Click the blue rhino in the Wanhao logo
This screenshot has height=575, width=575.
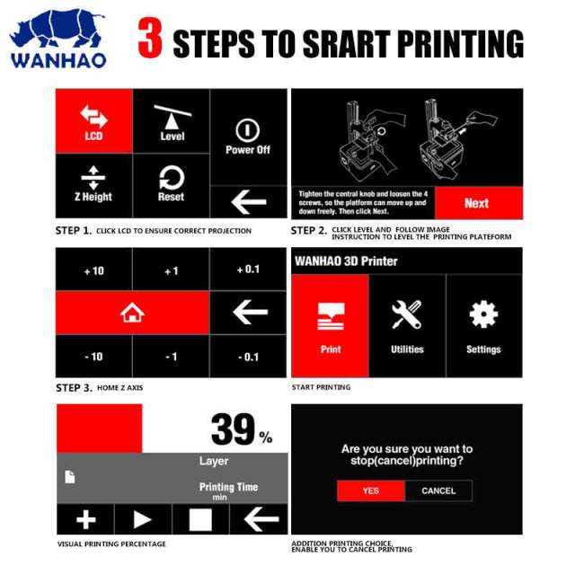pos(57,30)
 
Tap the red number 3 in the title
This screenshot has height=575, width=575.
pos(150,38)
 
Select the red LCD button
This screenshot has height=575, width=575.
pos(94,121)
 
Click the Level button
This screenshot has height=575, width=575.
pos(172,121)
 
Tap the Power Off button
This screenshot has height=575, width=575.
pos(249,137)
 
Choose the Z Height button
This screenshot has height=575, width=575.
pos(93,186)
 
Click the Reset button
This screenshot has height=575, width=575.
pos(172,186)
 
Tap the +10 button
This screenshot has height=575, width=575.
pos(93,270)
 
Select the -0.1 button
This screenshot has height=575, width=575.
pos(248,356)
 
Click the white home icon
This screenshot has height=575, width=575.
pos(132,313)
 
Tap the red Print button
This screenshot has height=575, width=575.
pos(330,325)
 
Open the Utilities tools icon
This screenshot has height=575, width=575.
pos(407,314)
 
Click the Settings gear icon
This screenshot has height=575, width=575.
pos(483,314)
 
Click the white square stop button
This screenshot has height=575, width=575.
pos(200,519)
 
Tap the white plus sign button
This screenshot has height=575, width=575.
pos(86,519)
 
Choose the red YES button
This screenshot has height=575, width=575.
pos(371,491)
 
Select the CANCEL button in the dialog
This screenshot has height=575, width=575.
pos(438,491)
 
